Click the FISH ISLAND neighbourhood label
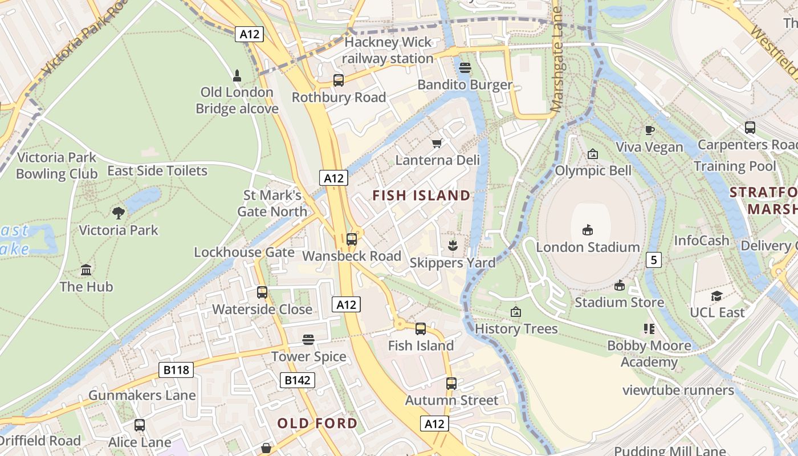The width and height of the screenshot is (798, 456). pyautogui.click(x=421, y=196)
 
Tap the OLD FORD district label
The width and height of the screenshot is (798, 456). pyautogui.click(x=317, y=424)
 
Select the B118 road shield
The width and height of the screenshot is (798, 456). pyautogui.click(x=176, y=370)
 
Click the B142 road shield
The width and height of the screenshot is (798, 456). pyautogui.click(x=298, y=380)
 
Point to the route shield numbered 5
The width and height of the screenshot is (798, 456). pyautogui.click(x=653, y=260)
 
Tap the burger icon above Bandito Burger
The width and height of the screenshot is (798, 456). pyautogui.click(x=465, y=68)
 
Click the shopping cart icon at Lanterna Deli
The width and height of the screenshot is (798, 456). pyautogui.click(x=437, y=143)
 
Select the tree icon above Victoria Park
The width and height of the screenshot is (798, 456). pyautogui.click(x=119, y=213)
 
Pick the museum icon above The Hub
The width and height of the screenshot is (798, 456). pyautogui.click(x=86, y=270)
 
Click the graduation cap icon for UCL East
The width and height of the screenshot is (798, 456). pyautogui.click(x=716, y=296)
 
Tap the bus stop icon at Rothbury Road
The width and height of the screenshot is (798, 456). pyautogui.click(x=339, y=80)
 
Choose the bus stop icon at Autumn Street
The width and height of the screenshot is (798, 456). pyautogui.click(x=451, y=384)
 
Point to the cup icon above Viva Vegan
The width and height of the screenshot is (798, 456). pyautogui.click(x=649, y=130)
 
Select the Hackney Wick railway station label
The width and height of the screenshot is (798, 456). pyautogui.click(x=388, y=50)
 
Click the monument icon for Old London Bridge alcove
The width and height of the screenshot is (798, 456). pyautogui.click(x=237, y=75)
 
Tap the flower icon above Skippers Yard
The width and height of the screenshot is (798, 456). pyautogui.click(x=453, y=246)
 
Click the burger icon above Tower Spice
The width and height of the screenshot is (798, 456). pyautogui.click(x=308, y=340)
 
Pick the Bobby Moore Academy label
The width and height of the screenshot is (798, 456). pyautogui.click(x=649, y=353)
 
